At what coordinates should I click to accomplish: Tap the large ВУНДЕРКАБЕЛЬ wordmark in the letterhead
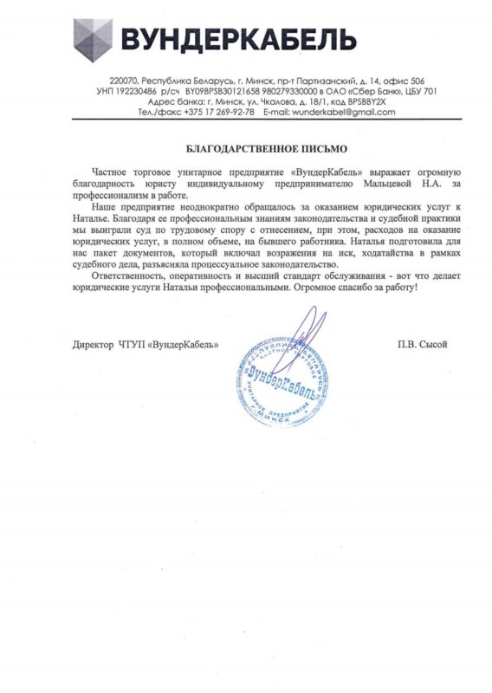pyautogui.click(x=238, y=40)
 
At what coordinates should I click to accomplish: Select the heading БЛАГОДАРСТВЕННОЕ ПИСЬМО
pyautogui.click(x=246, y=147)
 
